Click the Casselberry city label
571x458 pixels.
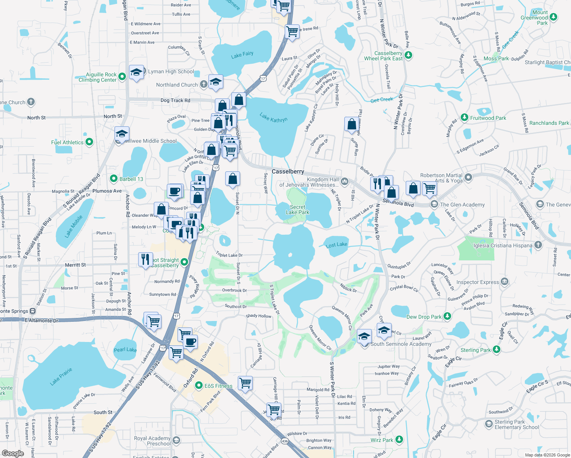(x=288, y=172)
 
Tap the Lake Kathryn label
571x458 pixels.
(x=273, y=118)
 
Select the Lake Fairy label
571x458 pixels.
(x=242, y=55)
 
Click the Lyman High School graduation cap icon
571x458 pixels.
(x=136, y=72)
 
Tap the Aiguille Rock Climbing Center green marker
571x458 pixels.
(x=122, y=77)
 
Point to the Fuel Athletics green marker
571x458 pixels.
(x=89, y=142)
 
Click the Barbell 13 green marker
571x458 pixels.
(x=113, y=179)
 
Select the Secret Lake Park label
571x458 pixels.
(x=297, y=210)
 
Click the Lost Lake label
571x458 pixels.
(x=336, y=245)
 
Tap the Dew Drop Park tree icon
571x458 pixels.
(x=447, y=316)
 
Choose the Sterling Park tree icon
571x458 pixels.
(x=496, y=349)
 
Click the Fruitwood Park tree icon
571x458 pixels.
(x=464, y=118)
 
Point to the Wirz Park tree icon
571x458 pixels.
(x=399, y=440)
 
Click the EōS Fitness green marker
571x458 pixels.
(x=198, y=385)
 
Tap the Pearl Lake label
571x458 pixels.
(x=125, y=350)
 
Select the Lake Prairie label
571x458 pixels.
(x=61, y=376)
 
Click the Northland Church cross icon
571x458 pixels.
(x=204, y=84)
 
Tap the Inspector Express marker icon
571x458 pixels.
(x=505, y=282)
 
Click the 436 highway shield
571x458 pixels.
(x=285, y=441)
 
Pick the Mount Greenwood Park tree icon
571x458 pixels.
(x=553, y=17)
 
